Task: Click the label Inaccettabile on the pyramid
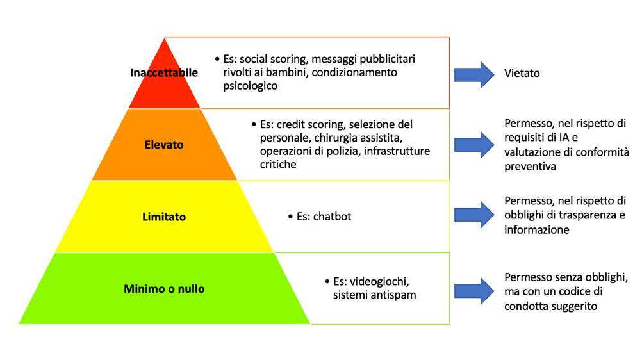coord(164,72)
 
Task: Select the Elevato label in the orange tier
coord(164,145)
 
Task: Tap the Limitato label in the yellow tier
coord(164,217)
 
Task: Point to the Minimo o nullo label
coord(164,289)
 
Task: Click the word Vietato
coord(522,73)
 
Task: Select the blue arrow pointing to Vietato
coord(474,73)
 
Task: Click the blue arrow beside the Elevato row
coord(474,145)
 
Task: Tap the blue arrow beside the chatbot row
coord(474,215)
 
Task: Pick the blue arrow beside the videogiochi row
coord(474,289)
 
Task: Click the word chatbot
coord(332,217)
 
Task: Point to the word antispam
coord(395,295)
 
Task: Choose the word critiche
coord(279,165)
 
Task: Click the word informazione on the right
coord(536,229)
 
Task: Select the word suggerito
coord(574,306)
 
